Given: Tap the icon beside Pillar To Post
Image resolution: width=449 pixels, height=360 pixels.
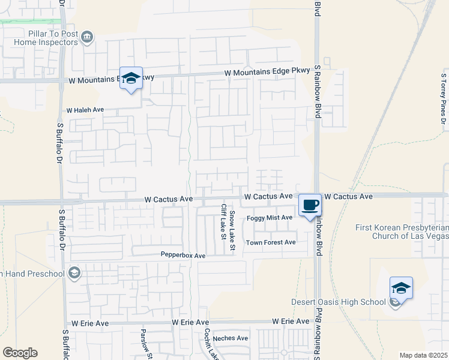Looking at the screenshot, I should coord(88,38).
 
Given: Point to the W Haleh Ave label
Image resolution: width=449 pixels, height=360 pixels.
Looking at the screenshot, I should coord(85,110).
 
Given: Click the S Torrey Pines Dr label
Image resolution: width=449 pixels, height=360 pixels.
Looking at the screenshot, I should coord(443,101).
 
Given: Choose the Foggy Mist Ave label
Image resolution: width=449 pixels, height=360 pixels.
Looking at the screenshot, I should coord(269,218).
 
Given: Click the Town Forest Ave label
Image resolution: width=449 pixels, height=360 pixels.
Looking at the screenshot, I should coord(271,242).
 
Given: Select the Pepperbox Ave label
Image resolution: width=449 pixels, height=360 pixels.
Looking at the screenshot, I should coord(183,256).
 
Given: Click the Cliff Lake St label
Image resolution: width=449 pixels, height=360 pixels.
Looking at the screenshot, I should coord(223,221).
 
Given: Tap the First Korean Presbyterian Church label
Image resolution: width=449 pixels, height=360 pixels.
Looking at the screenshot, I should coord(401,232).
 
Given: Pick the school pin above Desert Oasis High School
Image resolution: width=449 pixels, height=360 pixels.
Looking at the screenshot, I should coord(401,288).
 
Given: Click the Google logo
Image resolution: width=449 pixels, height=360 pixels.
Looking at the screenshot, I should coord(20,353).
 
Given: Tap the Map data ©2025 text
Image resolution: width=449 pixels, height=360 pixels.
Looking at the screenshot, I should coord(423,355).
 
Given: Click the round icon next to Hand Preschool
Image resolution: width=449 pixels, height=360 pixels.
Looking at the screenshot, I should coord(74,274).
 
